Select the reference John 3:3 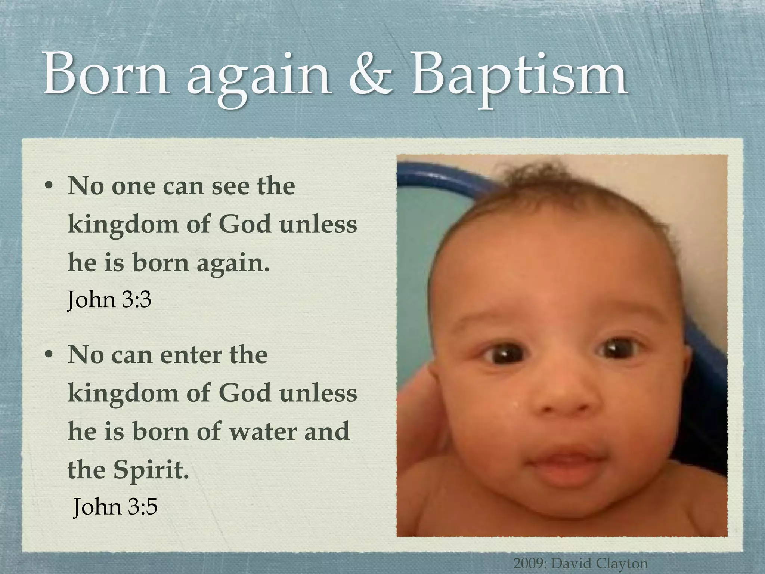109,300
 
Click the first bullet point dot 48,186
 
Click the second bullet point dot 48,355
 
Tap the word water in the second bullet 263,431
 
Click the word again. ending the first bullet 233,264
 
